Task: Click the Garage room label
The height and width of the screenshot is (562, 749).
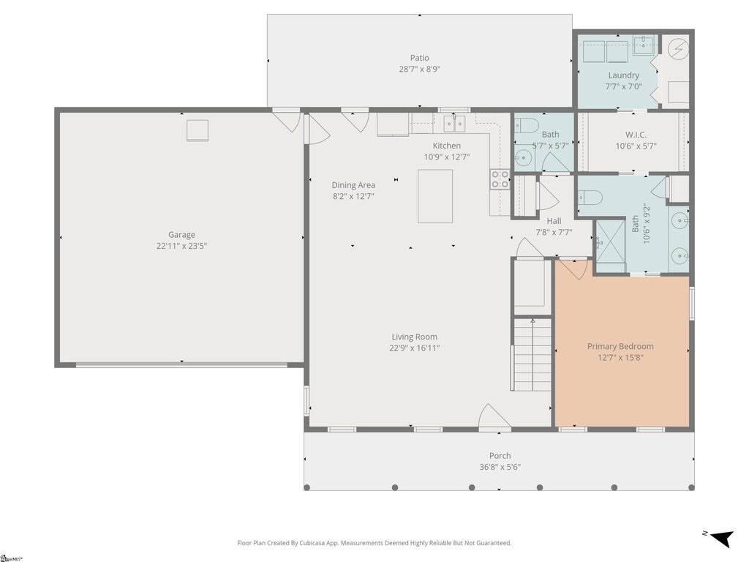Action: coord(181,235)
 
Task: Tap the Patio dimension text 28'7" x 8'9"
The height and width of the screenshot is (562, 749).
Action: coord(419,70)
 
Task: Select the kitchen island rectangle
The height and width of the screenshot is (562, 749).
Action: coord(435,196)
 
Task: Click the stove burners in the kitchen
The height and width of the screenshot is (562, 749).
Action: coord(500,179)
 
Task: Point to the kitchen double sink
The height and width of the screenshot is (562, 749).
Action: coord(454,124)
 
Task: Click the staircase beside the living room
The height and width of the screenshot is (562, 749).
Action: coord(532,355)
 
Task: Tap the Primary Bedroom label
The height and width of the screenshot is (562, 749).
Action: coord(620,346)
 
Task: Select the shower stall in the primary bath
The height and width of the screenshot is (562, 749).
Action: coord(611,247)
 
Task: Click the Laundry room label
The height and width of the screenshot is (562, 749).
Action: coord(623,75)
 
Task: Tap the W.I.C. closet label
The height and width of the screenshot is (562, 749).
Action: coord(636,135)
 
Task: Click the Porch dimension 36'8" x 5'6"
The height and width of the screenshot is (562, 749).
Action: coord(500,467)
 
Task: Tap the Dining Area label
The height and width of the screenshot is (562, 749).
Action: coord(353,185)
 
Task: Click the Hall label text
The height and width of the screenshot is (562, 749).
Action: coord(554,221)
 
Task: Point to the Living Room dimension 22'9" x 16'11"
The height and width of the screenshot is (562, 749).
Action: coord(414,348)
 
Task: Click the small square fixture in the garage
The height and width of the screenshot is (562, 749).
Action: coord(197,130)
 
